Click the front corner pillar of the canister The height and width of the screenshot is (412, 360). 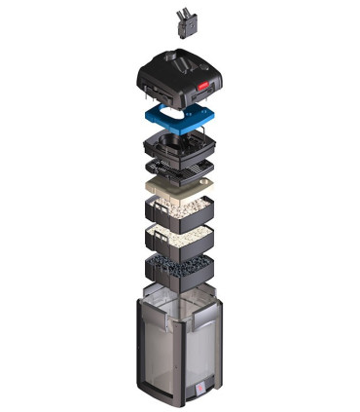[x=185, y=360]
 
